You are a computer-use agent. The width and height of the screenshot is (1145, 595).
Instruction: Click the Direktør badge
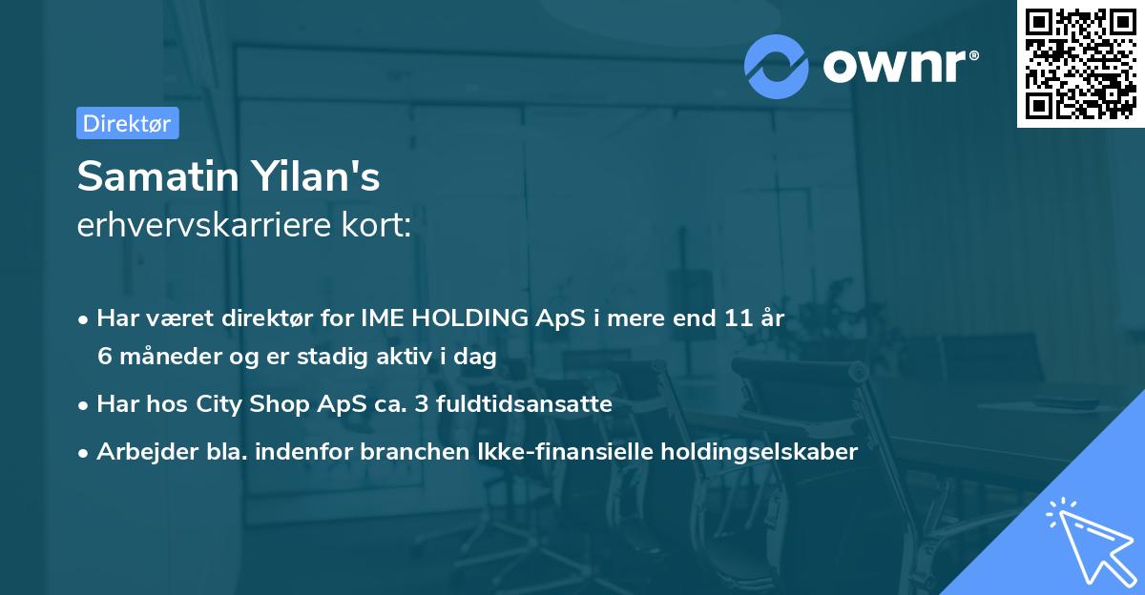(127, 123)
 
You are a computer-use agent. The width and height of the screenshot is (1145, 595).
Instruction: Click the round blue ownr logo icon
(777, 65)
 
